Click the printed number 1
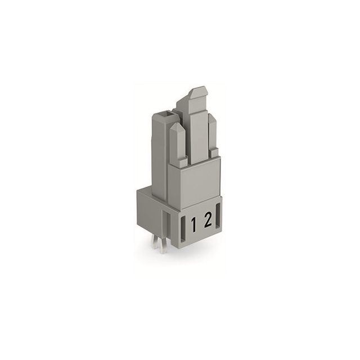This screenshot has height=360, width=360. [193, 225]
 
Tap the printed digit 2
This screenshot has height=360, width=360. [208, 220]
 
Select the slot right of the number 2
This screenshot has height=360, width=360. [218, 218]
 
